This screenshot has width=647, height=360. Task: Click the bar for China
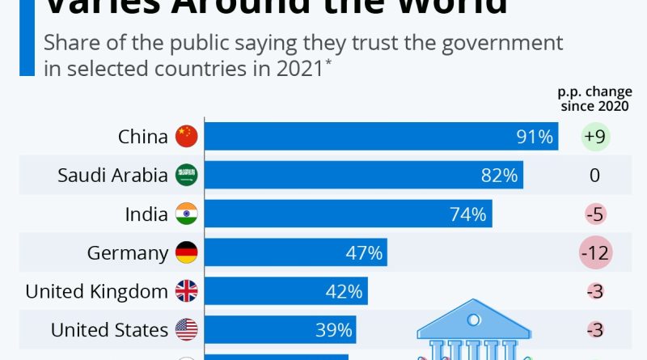pos(380,137)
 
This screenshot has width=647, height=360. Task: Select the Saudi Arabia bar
pos(363,176)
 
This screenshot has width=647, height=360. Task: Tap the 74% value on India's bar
pos(468,214)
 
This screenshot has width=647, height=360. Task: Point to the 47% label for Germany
pos(365,253)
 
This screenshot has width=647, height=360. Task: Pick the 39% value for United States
pos(334,330)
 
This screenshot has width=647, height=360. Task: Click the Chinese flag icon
pos(187,137)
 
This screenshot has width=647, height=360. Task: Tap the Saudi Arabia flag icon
pos(187,176)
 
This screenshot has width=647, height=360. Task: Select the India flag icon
pos(187,214)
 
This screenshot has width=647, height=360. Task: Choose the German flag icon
pos(187,253)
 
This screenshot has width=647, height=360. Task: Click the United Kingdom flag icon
pos(187,291)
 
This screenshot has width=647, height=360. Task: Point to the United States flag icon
pos(187,330)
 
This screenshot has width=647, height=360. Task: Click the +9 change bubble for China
pos(594,137)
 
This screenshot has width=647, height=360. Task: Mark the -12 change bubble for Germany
pos(595,253)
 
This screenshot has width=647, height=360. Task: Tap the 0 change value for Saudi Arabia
pos(595,176)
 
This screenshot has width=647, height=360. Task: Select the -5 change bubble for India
pos(595,214)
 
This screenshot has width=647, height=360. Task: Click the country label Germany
pos(127,253)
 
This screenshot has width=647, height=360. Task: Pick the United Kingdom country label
pos(97,291)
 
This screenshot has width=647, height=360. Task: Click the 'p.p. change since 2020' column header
pos(595,100)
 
